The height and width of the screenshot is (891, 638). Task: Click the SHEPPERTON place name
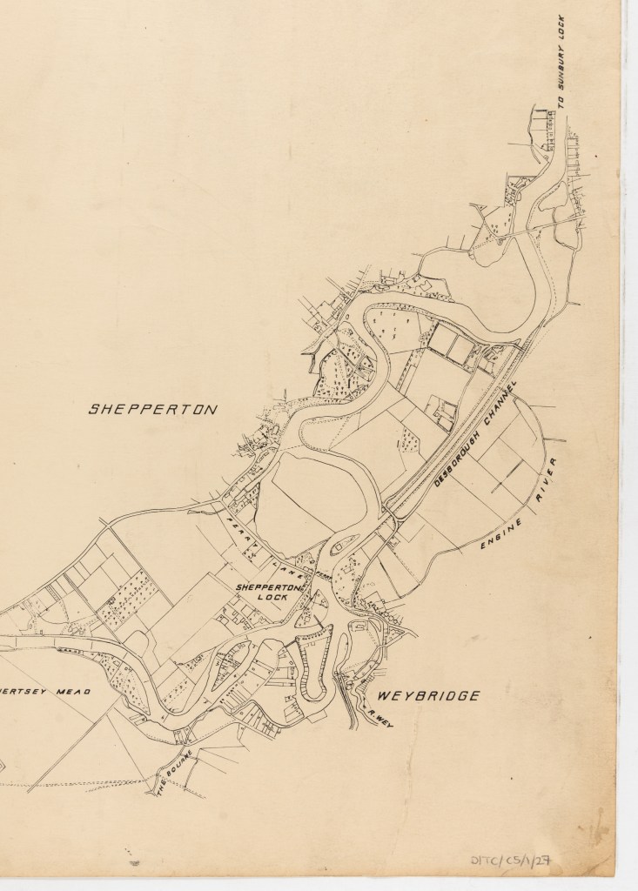click(x=151, y=409)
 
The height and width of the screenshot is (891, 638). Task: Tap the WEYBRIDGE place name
click(x=428, y=695)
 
